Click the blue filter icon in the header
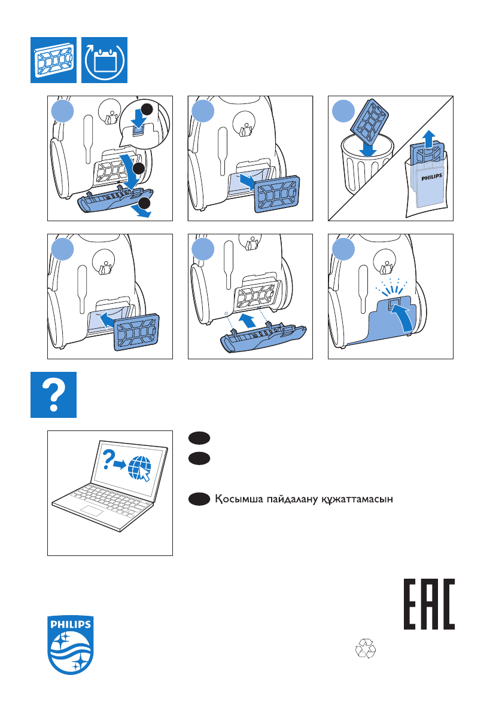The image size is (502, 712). (x=54, y=60)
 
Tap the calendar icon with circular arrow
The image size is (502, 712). (x=104, y=60)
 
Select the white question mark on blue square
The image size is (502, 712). (x=54, y=395)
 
